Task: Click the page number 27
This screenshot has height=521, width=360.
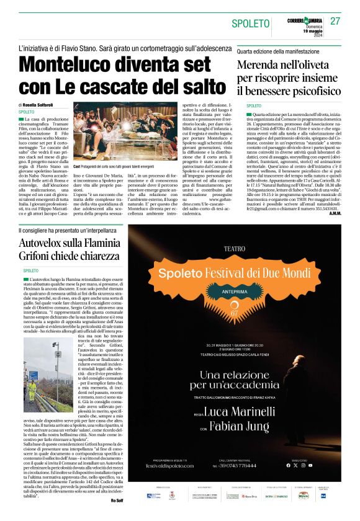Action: point(335,22)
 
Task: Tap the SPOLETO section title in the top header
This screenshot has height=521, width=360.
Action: point(252,24)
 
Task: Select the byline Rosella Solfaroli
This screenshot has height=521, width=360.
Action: point(42,105)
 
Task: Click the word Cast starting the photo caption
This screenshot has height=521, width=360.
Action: point(78,167)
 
